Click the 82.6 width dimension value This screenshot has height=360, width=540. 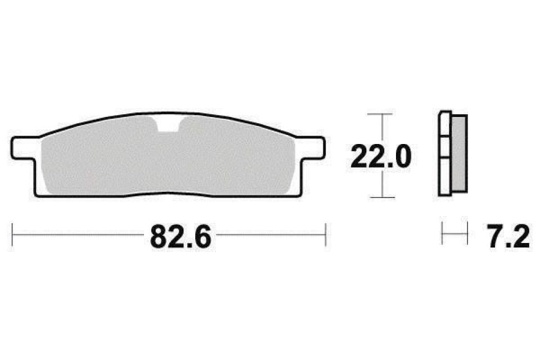point(180,237)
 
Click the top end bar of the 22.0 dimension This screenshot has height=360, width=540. point(382,114)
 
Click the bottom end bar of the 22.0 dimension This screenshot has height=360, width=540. point(382,197)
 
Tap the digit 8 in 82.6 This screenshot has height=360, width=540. point(159,237)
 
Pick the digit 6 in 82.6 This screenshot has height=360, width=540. point(201,237)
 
